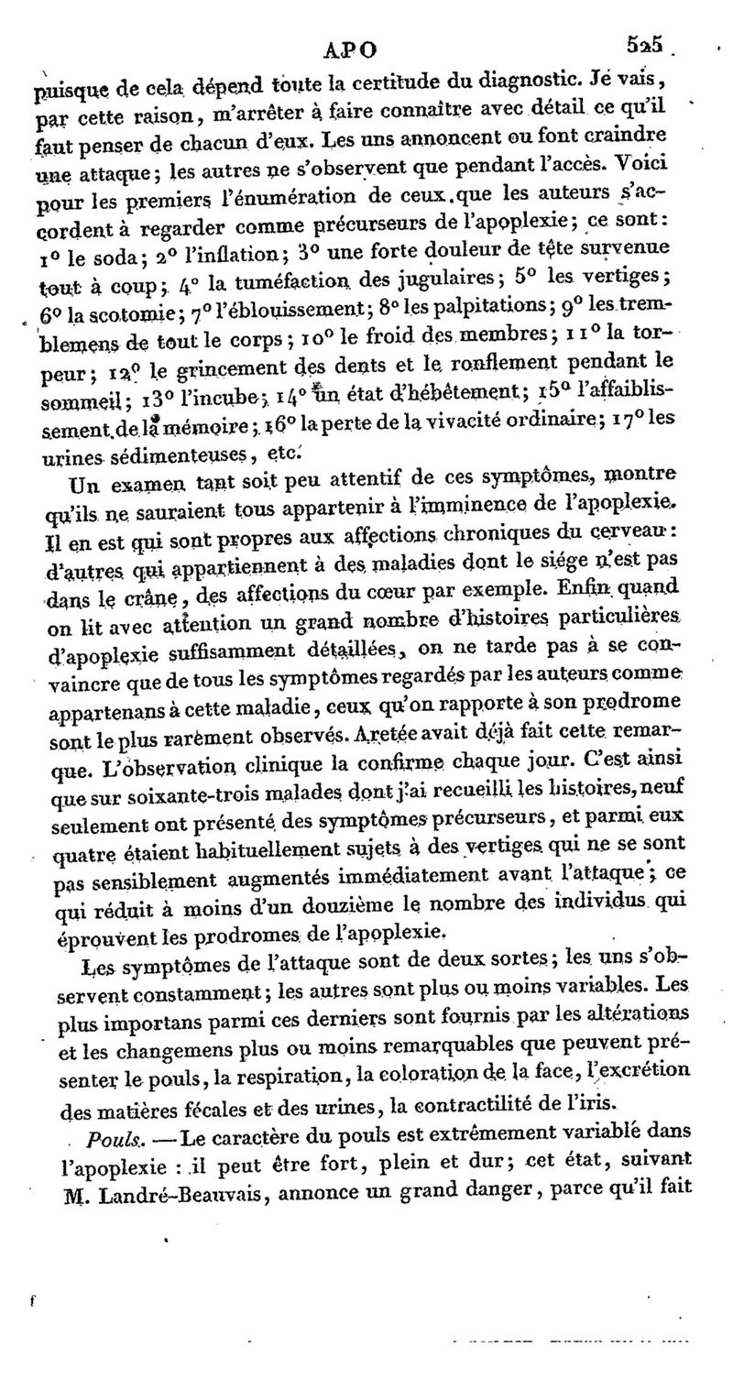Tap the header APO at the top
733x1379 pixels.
354,46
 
